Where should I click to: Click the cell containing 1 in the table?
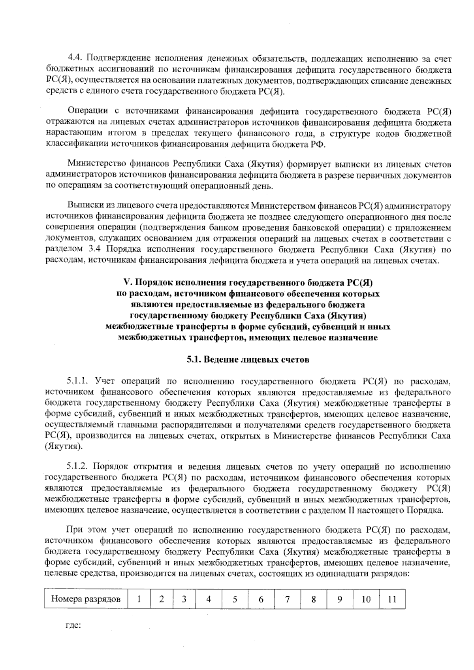[139, 599]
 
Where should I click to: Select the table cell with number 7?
[288, 599]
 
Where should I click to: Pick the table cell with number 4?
[209, 599]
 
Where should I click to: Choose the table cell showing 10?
[366, 599]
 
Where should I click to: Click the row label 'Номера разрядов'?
[86, 599]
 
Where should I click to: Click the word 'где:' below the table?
[73, 626]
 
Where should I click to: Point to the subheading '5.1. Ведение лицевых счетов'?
[248, 360]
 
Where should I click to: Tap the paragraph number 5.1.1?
[79, 381]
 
